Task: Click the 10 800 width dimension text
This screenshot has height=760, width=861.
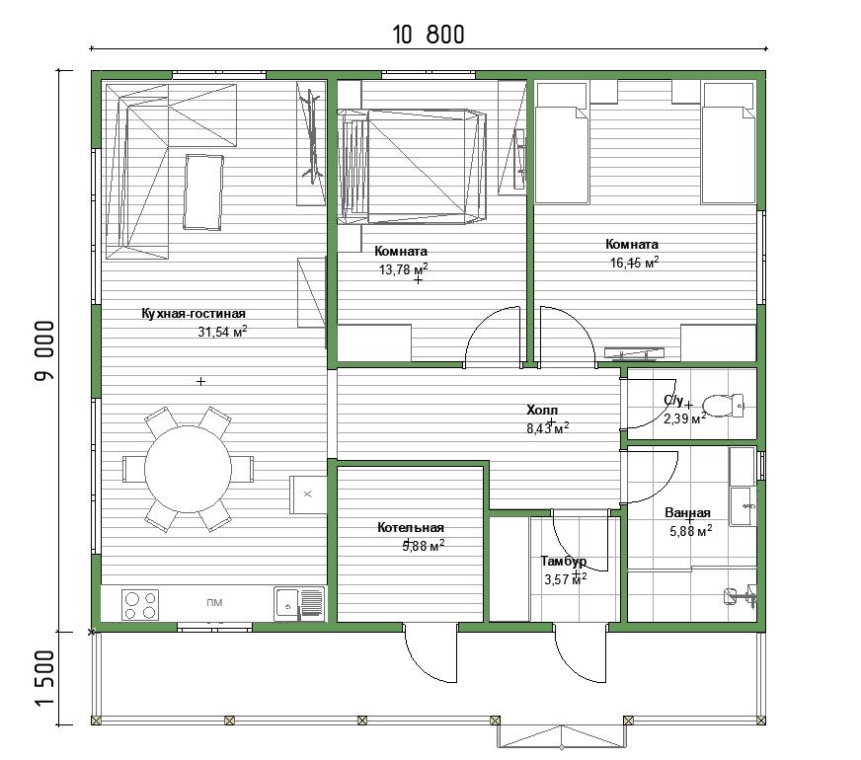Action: click(x=429, y=35)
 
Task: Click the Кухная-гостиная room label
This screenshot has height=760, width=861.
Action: click(x=194, y=313)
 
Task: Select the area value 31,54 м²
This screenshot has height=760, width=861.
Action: click(x=222, y=331)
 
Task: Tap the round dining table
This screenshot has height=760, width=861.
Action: click(x=188, y=469)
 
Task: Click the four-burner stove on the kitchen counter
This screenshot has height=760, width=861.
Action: click(x=140, y=605)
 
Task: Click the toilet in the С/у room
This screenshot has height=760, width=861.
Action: click(x=723, y=406)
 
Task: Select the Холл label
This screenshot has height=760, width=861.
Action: click(x=542, y=410)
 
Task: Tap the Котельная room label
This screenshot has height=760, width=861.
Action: click(x=410, y=527)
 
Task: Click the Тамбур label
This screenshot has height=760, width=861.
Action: click(x=564, y=562)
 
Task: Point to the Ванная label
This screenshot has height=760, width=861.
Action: click(x=687, y=512)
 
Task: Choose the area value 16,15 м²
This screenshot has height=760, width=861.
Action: click(x=634, y=263)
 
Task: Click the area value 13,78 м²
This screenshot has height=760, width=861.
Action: click(x=403, y=268)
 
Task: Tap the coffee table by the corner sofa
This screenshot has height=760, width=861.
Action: click(x=203, y=192)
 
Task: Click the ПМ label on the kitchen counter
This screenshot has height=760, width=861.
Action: click(x=214, y=602)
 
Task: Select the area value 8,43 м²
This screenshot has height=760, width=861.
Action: click(x=547, y=428)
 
